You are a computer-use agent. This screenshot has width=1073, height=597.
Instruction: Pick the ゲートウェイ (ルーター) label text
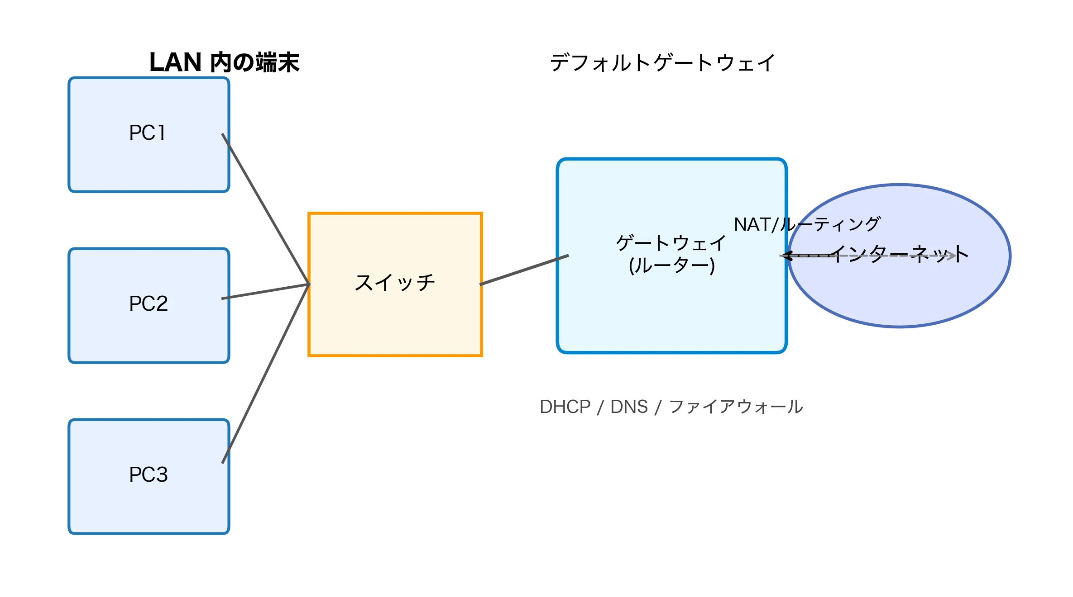coord(671,254)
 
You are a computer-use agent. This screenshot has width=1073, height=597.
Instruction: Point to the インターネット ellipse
coord(899,294)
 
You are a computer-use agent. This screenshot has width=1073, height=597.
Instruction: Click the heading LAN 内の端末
coord(224,62)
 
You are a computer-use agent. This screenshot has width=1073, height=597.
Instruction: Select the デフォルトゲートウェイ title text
coord(662,63)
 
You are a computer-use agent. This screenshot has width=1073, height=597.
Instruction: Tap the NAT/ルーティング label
coord(807,224)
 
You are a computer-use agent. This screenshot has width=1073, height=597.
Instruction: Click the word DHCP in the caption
coord(565,407)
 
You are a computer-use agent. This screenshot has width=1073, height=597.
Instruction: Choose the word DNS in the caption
coord(629,407)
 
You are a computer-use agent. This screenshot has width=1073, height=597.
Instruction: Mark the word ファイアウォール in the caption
coord(736,407)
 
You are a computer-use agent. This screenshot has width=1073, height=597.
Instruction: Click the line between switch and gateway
coord(524,270)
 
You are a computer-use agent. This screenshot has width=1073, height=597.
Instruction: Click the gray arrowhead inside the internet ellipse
coord(952,256)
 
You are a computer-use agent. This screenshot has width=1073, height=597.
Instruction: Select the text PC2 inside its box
coord(148,303)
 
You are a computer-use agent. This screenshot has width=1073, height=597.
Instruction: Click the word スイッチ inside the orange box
coord(395,283)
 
